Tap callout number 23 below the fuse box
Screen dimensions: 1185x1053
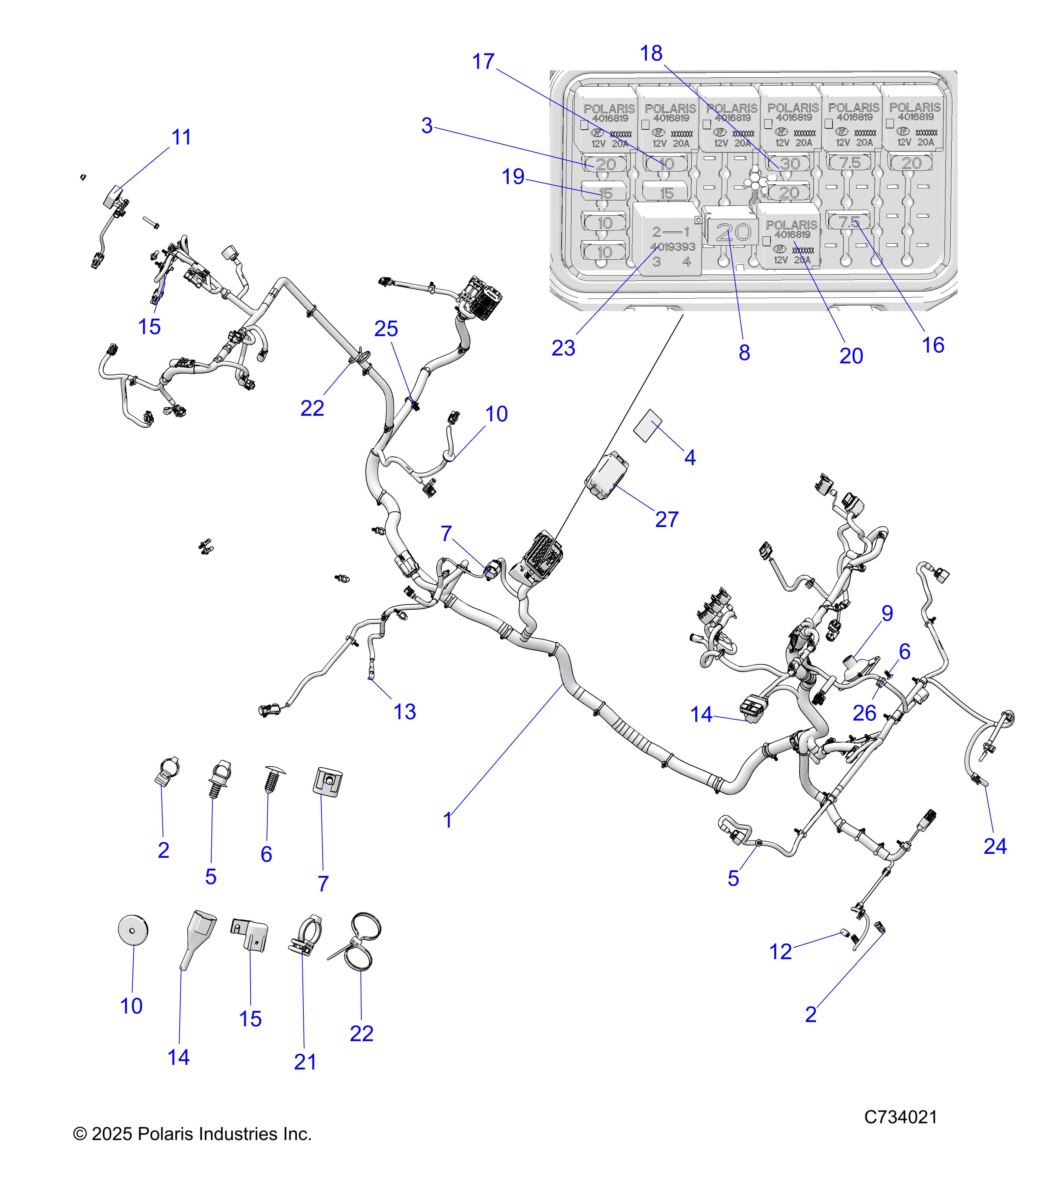[x=563, y=349]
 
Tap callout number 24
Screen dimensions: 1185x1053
[x=995, y=846]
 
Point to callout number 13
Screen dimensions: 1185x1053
[x=404, y=712]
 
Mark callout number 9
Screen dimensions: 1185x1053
[x=887, y=613]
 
